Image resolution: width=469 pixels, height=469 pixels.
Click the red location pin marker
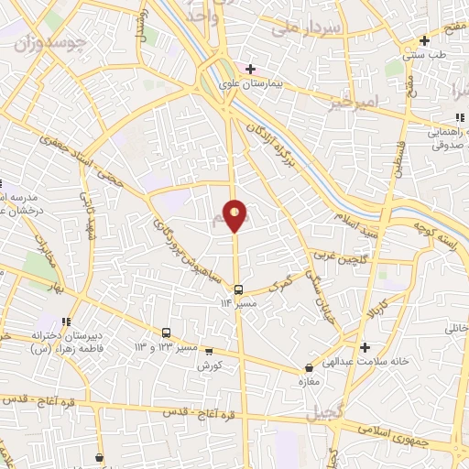pyautogui.click(x=236, y=214)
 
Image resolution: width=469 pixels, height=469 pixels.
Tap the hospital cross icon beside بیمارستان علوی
pyautogui.click(x=250, y=69)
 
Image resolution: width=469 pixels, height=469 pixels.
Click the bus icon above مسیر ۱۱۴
pyautogui.click(x=238, y=289)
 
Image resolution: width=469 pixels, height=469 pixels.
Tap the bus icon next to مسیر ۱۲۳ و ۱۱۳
pyautogui.click(x=167, y=333)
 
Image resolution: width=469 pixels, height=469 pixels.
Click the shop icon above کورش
pyautogui.click(x=209, y=350)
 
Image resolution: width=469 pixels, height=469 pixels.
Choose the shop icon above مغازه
pyautogui.click(x=309, y=369)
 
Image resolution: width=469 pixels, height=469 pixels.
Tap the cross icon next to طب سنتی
pyautogui.click(x=423, y=40)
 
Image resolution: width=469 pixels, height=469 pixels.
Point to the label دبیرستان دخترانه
pyautogui.click(x=61, y=335)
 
